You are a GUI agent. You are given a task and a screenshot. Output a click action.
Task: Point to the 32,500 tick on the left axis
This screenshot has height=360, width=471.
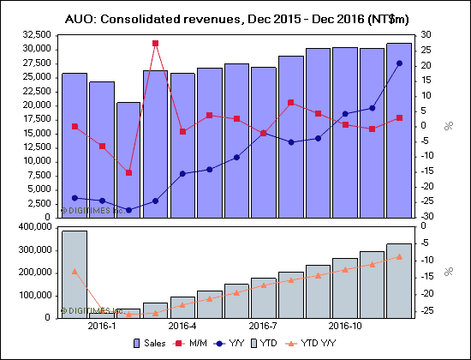[x=35, y=35]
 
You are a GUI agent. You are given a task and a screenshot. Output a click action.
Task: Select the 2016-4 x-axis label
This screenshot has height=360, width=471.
[x=182, y=326]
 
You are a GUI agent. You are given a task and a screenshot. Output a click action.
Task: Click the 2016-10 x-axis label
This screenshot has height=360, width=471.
[x=344, y=326]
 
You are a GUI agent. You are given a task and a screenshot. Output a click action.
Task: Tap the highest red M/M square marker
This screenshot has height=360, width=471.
[x=155, y=43]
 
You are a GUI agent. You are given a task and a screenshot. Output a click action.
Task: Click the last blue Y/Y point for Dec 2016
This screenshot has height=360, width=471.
[x=398, y=63]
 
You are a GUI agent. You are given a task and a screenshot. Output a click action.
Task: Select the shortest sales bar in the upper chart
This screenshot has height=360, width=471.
[x=128, y=159]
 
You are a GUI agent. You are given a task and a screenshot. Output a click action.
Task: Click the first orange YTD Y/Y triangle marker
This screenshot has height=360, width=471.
[x=75, y=271]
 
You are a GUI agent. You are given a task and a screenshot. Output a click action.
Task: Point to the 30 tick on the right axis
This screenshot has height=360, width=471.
[x=426, y=35]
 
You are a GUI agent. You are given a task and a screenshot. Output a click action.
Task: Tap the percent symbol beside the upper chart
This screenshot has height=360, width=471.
[x=447, y=126]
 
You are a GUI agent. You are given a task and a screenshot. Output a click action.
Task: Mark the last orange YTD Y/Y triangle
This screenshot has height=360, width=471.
[x=398, y=256]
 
